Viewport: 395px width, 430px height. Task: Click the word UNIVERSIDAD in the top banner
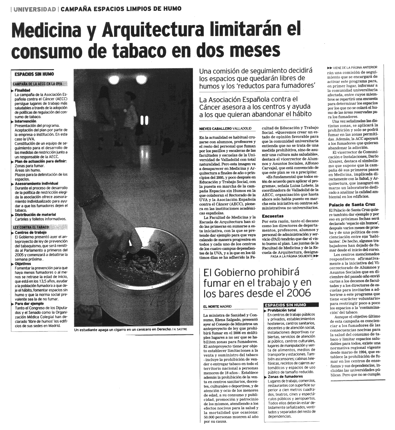click(35, 9)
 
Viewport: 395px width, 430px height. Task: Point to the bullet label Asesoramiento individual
click(36, 183)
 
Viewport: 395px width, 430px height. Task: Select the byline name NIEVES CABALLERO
click(215, 128)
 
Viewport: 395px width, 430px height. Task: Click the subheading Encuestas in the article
click(273, 216)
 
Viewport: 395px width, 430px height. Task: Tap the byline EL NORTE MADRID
click(218, 306)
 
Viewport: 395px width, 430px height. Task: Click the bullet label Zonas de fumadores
click(285, 377)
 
